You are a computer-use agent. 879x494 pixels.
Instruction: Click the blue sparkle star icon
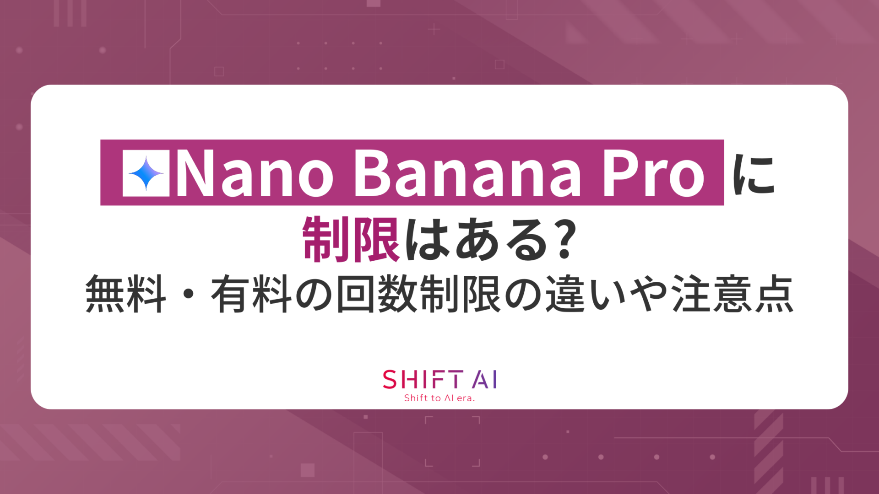click(x=146, y=173)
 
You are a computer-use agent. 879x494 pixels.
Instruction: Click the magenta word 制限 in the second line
click(x=351, y=240)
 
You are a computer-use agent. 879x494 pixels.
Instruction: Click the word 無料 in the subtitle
click(x=126, y=294)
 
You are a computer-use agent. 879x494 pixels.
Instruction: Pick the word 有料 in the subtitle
click(x=251, y=294)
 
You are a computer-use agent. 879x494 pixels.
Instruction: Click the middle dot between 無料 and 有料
click(x=189, y=294)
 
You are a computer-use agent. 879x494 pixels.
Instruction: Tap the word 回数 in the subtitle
click(x=377, y=294)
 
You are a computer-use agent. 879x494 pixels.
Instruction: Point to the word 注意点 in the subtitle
click(x=732, y=294)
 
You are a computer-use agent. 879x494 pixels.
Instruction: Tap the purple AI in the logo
click(x=484, y=380)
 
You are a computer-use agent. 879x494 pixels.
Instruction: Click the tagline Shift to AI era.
click(x=439, y=398)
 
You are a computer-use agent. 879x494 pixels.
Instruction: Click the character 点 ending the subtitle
click(x=774, y=294)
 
